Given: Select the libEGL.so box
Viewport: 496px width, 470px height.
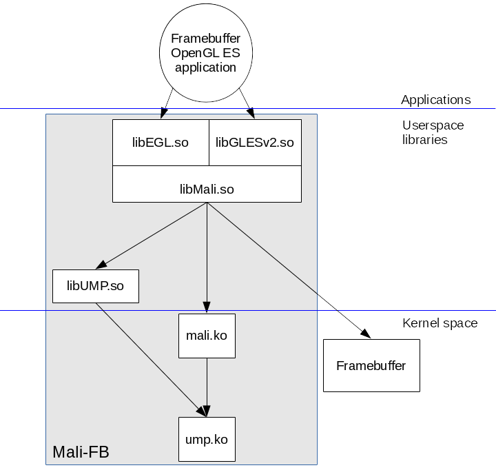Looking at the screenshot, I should (161, 143).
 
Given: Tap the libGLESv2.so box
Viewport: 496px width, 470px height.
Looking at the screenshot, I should (255, 143).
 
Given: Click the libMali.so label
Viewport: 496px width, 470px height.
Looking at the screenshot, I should (207, 189).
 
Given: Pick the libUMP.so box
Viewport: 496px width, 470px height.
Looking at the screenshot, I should (96, 286).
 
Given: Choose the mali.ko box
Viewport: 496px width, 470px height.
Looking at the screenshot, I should (207, 336).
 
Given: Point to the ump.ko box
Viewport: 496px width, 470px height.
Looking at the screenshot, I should (207, 439).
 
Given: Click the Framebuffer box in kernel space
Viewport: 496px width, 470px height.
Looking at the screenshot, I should (371, 365).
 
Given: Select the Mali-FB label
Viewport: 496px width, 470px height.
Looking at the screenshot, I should (81, 452).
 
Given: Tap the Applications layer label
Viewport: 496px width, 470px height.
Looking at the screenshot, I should (435, 100).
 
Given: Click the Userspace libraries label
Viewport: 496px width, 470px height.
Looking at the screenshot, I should (433, 132).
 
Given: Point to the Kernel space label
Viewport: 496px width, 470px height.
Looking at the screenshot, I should (440, 323).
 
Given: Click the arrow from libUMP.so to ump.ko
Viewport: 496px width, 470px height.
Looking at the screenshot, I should (152, 359).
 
